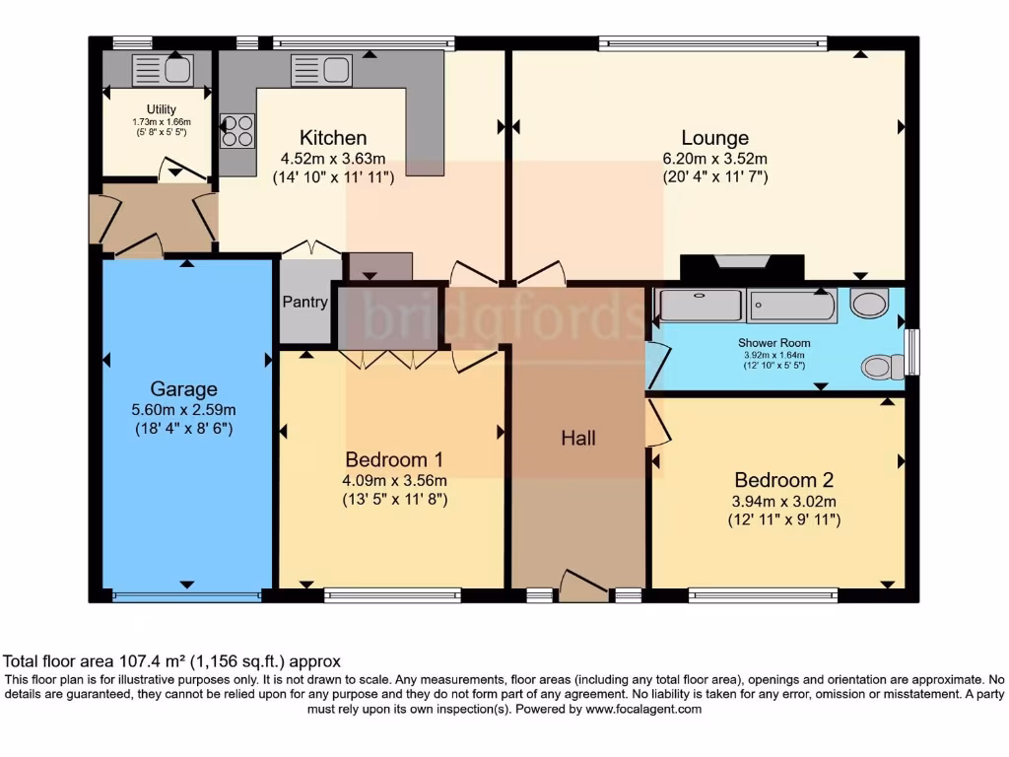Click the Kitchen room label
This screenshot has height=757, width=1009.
(333, 138)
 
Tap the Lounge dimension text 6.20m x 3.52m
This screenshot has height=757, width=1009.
(715, 159)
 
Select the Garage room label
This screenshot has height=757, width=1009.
(183, 388)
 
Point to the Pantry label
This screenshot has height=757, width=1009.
(305, 302)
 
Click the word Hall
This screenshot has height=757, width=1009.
(577, 439)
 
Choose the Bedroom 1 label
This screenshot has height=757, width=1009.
(394, 459)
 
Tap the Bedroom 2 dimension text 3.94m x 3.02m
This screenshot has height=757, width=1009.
(783, 502)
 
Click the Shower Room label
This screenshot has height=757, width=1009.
(774, 343)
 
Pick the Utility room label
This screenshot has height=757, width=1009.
(161, 109)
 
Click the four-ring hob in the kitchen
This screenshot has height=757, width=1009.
(237, 131)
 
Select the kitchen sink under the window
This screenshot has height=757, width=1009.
(321, 70)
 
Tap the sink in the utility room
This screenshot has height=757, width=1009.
(163, 70)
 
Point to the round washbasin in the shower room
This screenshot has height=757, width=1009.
(869, 303)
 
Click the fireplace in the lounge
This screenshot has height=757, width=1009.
(742, 267)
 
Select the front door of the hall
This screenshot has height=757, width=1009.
(583, 585)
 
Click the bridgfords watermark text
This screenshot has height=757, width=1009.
(504, 315)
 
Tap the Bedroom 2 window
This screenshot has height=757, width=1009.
(764, 595)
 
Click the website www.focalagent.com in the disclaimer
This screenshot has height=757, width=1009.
(642, 710)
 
